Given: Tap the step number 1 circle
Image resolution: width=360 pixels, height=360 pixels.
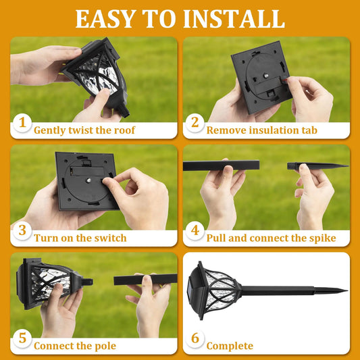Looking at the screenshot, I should coord(22,122).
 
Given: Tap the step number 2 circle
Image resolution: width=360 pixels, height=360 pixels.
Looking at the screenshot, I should coord(195,122).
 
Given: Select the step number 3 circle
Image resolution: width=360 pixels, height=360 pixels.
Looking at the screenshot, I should coord(22,230).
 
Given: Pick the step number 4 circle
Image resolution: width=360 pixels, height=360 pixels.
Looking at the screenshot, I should coord(195,230).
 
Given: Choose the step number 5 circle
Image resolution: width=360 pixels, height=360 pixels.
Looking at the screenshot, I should coord(22,338).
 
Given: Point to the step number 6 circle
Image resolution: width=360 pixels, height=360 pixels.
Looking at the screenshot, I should coord(195,338).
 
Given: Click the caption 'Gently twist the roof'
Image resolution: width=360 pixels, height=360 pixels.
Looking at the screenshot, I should coord(84,130).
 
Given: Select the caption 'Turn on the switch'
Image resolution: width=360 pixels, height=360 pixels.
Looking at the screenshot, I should coord(80,238).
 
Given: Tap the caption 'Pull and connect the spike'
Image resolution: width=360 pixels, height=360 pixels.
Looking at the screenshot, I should coord(271,238).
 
